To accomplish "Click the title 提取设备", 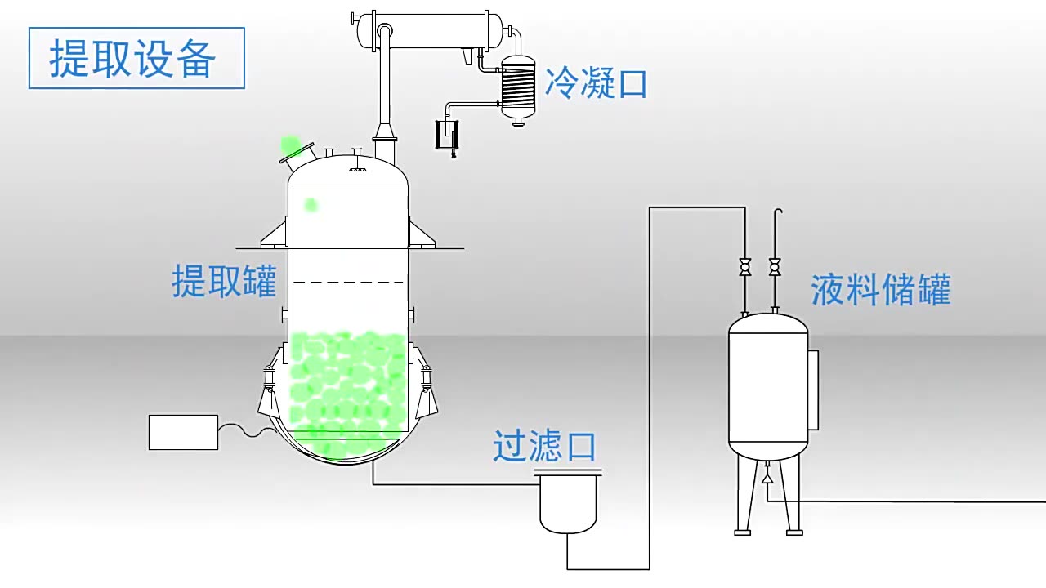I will click(x=136, y=59).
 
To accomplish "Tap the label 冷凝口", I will click(x=596, y=83).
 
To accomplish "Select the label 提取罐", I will click(x=224, y=281).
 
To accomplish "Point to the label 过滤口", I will click(x=544, y=446).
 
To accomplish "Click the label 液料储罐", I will click(x=881, y=290).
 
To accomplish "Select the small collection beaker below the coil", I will click(x=446, y=136).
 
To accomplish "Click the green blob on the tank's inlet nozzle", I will click(x=290, y=146).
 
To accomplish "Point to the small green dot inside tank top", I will click(x=311, y=205).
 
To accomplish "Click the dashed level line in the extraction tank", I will click(x=348, y=283).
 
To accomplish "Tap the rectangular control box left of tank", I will click(x=183, y=432).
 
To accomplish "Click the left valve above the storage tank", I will click(x=744, y=266).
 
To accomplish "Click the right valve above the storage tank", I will click(x=775, y=266).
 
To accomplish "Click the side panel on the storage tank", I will click(x=812, y=390).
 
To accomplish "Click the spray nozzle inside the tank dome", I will click(x=356, y=169).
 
